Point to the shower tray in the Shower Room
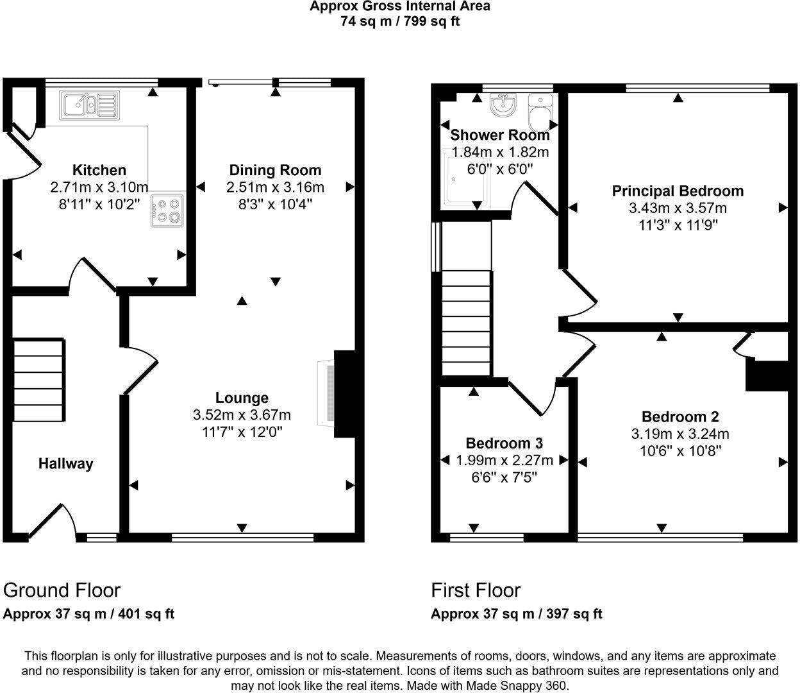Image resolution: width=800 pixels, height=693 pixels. click(x=467, y=179)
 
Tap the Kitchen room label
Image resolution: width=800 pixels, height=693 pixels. click(x=99, y=170)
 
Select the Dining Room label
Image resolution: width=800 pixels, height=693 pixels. click(x=275, y=170)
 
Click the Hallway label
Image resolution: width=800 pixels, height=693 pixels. click(x=65, y=463)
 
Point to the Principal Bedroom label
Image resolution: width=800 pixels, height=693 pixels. click(x=678, y=191)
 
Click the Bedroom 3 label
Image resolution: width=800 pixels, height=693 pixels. click(x=504, y=443)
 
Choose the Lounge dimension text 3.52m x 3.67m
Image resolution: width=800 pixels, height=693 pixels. click(x=242, y=415)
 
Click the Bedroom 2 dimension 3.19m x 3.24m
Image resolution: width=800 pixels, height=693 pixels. click(x=680, y=433)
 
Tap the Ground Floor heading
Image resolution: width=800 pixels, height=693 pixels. click(x=62, y=590)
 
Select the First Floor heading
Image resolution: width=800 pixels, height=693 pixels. click(x=476, y=590)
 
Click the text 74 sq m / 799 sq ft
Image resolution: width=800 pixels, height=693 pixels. click(x=400, y=21)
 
